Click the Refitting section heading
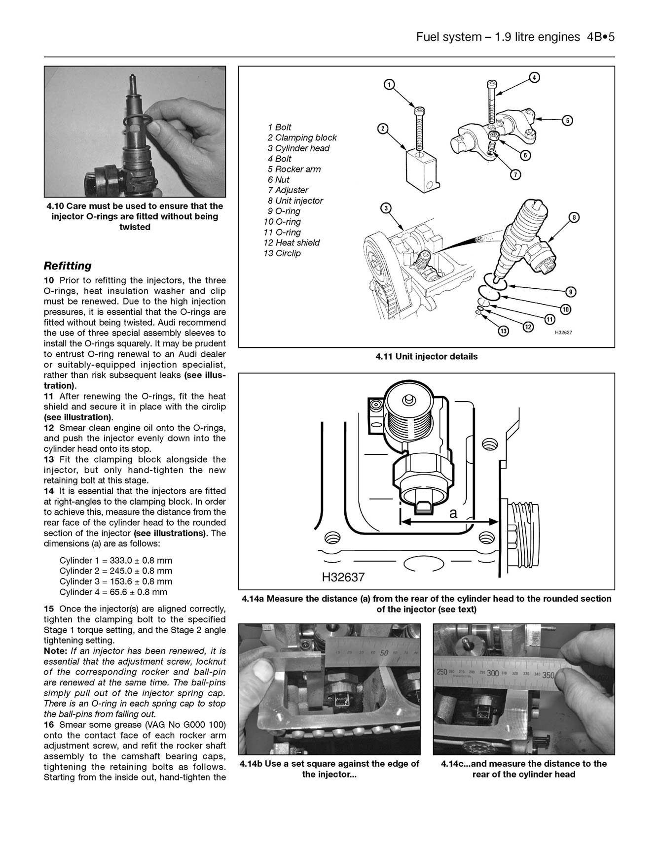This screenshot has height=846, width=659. [68, 266]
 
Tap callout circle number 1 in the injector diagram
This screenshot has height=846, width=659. [389, 85]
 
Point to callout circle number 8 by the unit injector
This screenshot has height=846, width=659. [574, 217]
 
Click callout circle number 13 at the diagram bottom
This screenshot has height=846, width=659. [503, 332]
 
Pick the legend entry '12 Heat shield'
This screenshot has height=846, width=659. [292, 243]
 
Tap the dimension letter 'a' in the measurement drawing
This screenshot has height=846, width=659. [453, 513]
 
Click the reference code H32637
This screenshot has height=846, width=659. [343, 577]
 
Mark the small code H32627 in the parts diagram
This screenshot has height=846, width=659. [563, 333]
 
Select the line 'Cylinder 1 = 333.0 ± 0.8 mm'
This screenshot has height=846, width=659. [116, 561]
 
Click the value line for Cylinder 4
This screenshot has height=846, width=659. [113, 592]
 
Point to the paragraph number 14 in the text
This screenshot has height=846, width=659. [49, 491]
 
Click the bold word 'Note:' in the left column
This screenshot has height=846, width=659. [55, 651]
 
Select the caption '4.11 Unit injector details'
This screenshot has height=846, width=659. [426, 357]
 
